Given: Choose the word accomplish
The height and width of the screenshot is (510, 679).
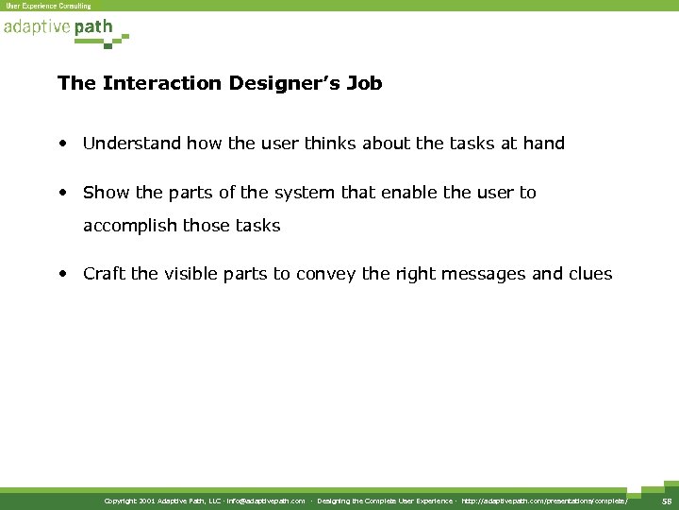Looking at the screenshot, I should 129,227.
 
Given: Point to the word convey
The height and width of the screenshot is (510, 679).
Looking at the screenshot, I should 326,274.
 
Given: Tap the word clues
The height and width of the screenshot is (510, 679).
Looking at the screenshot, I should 589,274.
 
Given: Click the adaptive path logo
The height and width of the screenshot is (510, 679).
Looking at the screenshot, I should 64,29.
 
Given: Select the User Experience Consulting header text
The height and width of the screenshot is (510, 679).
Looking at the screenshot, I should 49,6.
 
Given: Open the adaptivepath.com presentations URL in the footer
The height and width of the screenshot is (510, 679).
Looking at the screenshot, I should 544,501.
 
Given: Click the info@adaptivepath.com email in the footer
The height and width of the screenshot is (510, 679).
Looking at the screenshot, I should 265,501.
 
